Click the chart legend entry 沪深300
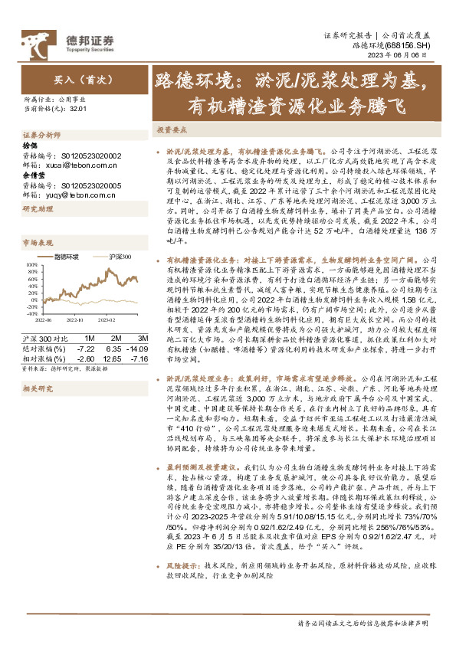coord(120,278)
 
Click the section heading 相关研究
coord(36,389)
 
